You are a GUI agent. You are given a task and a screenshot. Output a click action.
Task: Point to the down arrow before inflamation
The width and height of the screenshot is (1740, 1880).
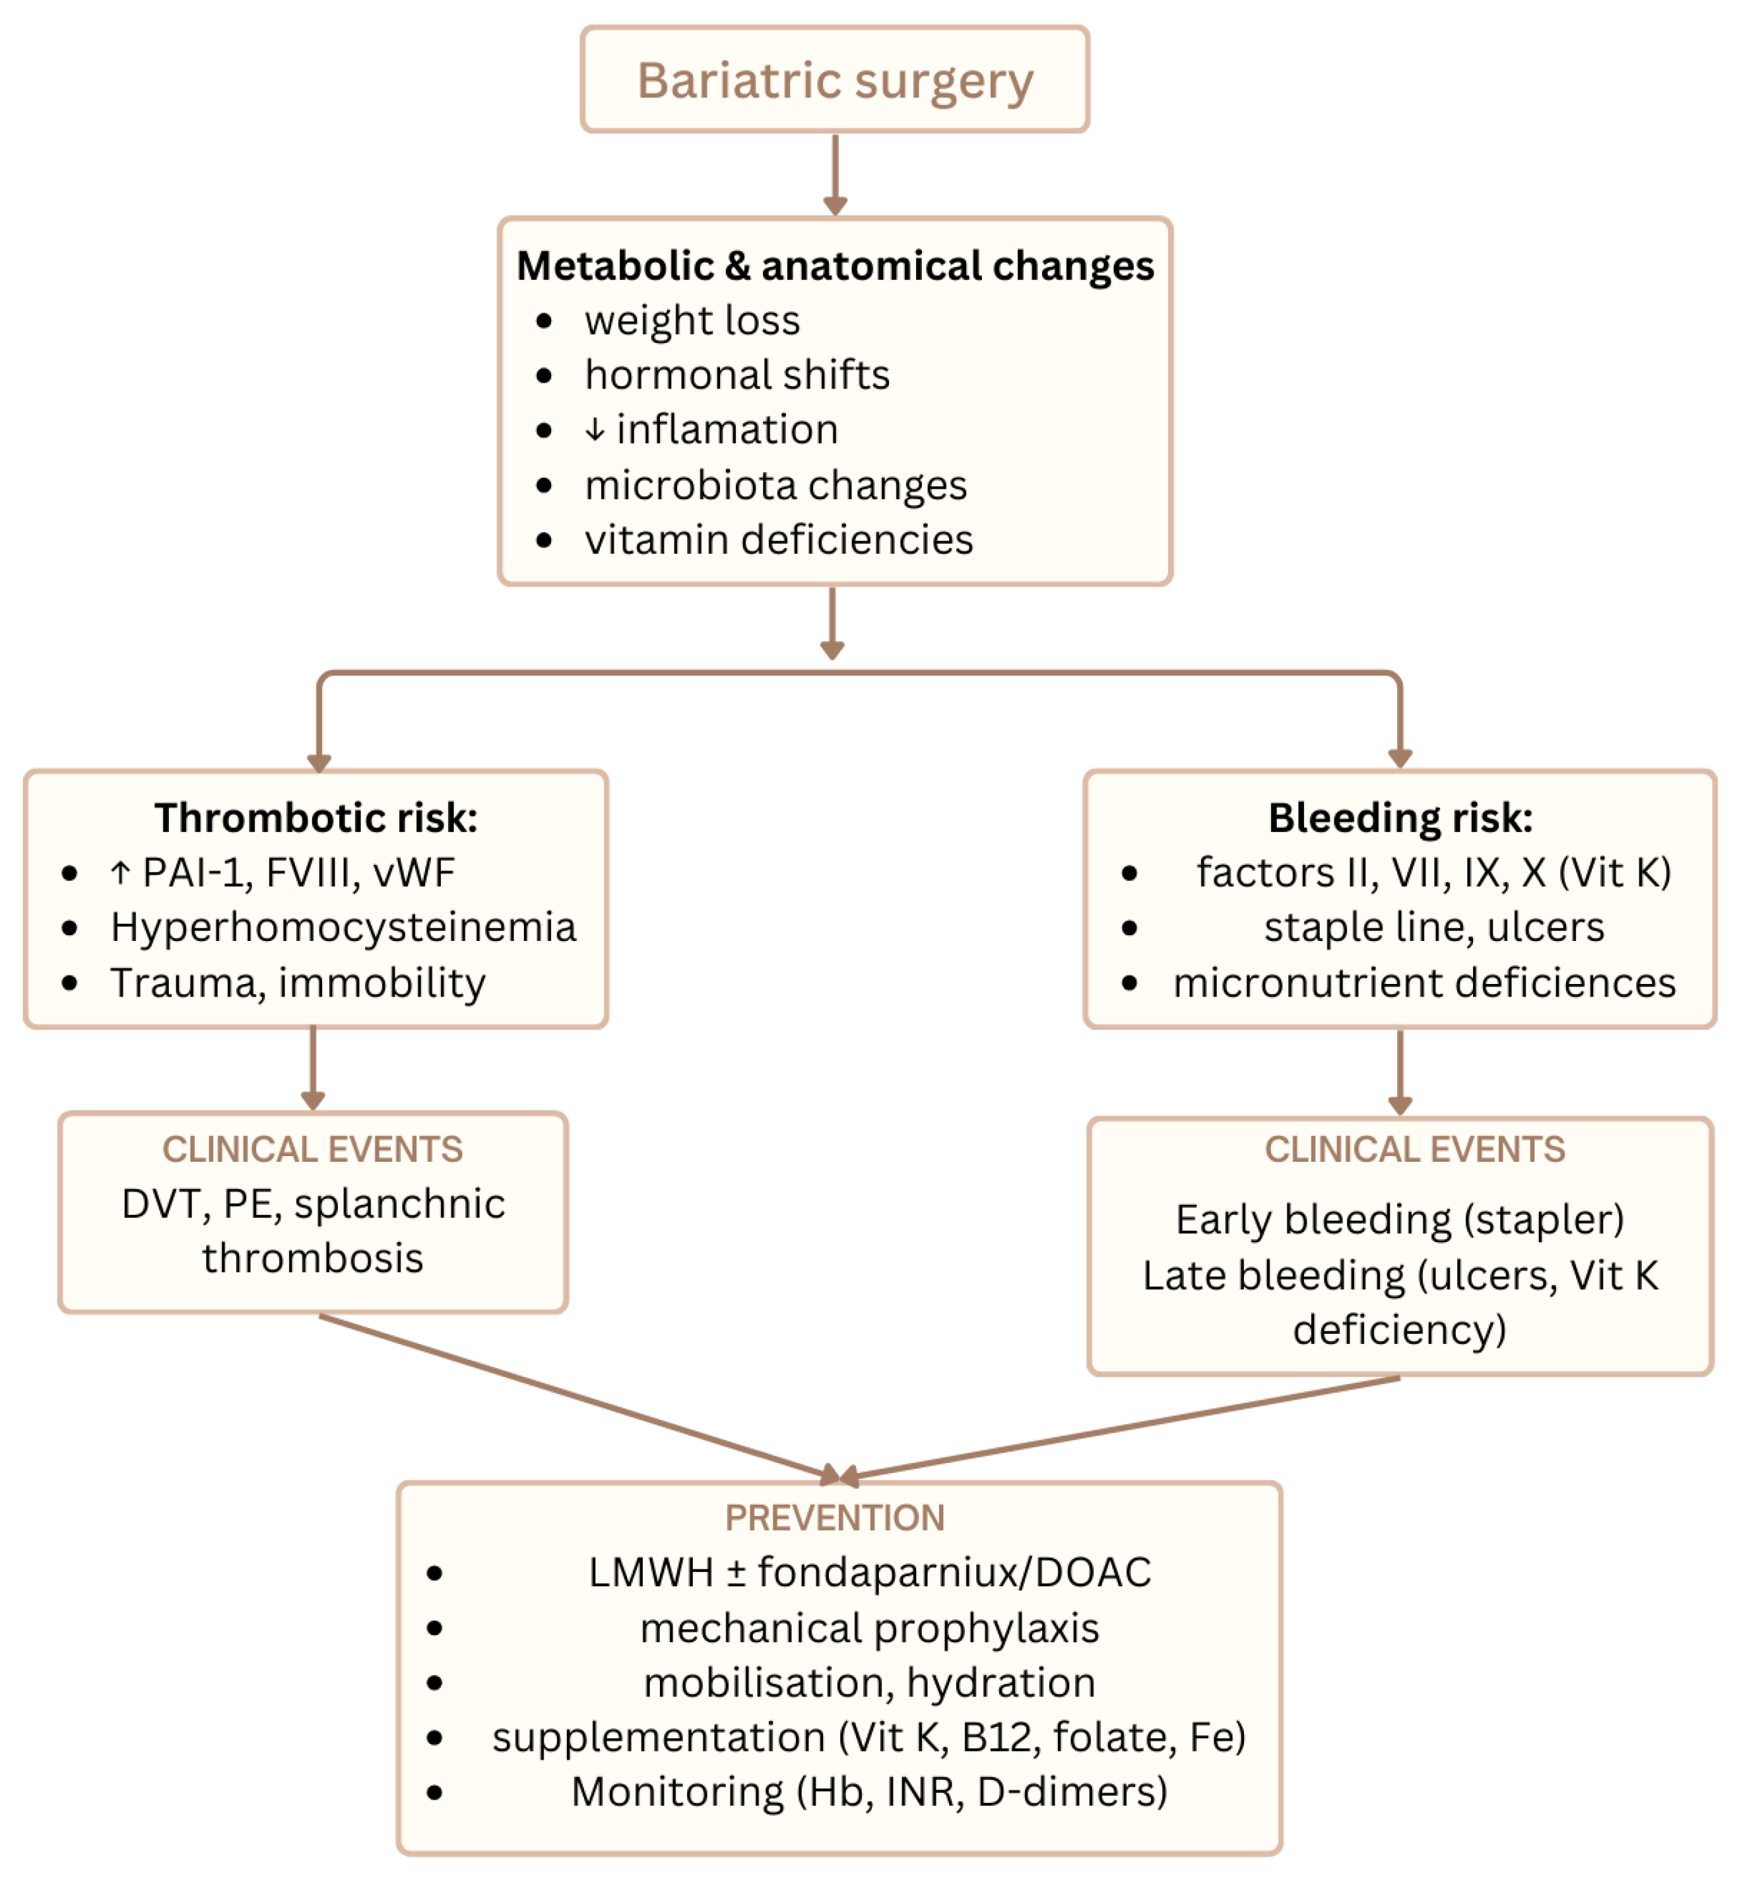point(594,430)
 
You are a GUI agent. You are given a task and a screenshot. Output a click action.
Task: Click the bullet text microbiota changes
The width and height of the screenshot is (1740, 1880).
point(775,486)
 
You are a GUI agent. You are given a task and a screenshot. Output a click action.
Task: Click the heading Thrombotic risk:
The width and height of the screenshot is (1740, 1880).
point(316,817)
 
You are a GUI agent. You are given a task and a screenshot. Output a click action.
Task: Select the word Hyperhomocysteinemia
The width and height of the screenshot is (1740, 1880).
point(343,927)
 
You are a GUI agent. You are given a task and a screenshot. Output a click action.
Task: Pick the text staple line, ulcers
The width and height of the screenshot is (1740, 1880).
point(1433,927)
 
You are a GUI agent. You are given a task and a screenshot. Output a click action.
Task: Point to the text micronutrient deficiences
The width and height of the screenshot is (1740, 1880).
point(1424,983)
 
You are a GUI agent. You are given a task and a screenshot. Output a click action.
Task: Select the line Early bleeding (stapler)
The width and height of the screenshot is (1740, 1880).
point(1399,1219)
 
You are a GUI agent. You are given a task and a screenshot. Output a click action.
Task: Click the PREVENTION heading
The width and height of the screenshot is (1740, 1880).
point(834,1517)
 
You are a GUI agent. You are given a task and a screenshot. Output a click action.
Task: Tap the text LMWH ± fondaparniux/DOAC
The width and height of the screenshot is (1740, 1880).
point(869,1572)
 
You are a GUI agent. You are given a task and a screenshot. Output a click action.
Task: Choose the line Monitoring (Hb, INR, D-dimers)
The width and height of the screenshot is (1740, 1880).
point(869,1791)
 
